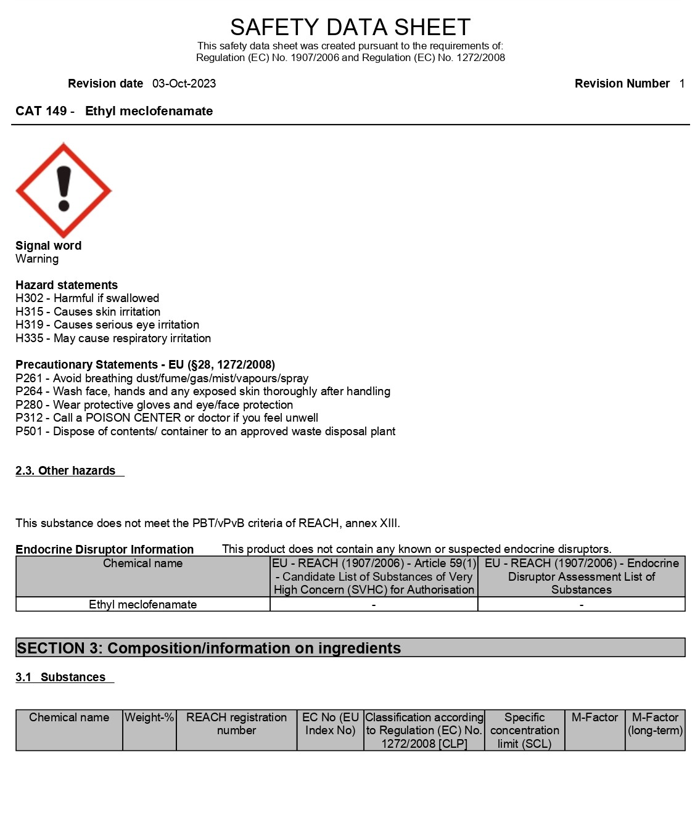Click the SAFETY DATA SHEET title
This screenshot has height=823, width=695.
(x=350, y=27)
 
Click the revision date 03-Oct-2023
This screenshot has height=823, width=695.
(x=184, y=84)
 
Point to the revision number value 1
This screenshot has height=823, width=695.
(x=681, y=84)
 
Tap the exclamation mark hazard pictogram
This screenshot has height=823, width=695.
(x=64, y=190)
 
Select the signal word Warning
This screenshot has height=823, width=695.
(x=37, y=259)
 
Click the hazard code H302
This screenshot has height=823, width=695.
(x=29, y=298)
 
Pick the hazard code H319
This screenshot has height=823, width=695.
(x=29, y=325)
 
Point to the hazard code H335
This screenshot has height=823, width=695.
(x=29, y=338)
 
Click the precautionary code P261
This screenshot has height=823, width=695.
(x=29, y=379)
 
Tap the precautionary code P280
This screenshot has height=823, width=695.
(x=29, y=405)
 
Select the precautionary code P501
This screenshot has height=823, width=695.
(x=29, y=432)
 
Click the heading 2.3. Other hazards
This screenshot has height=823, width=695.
(x=65, y=471)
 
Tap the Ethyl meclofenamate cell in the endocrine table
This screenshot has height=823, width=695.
(x=142, y=605)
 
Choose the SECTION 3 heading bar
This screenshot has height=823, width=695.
(x=350, y=648)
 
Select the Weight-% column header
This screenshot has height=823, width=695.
(x=149, y=718)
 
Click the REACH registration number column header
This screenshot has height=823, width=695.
(x=236, y=724)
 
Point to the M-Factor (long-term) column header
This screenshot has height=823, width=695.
(x=655, y=724)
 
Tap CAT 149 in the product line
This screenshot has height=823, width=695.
(x=41, y=111)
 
